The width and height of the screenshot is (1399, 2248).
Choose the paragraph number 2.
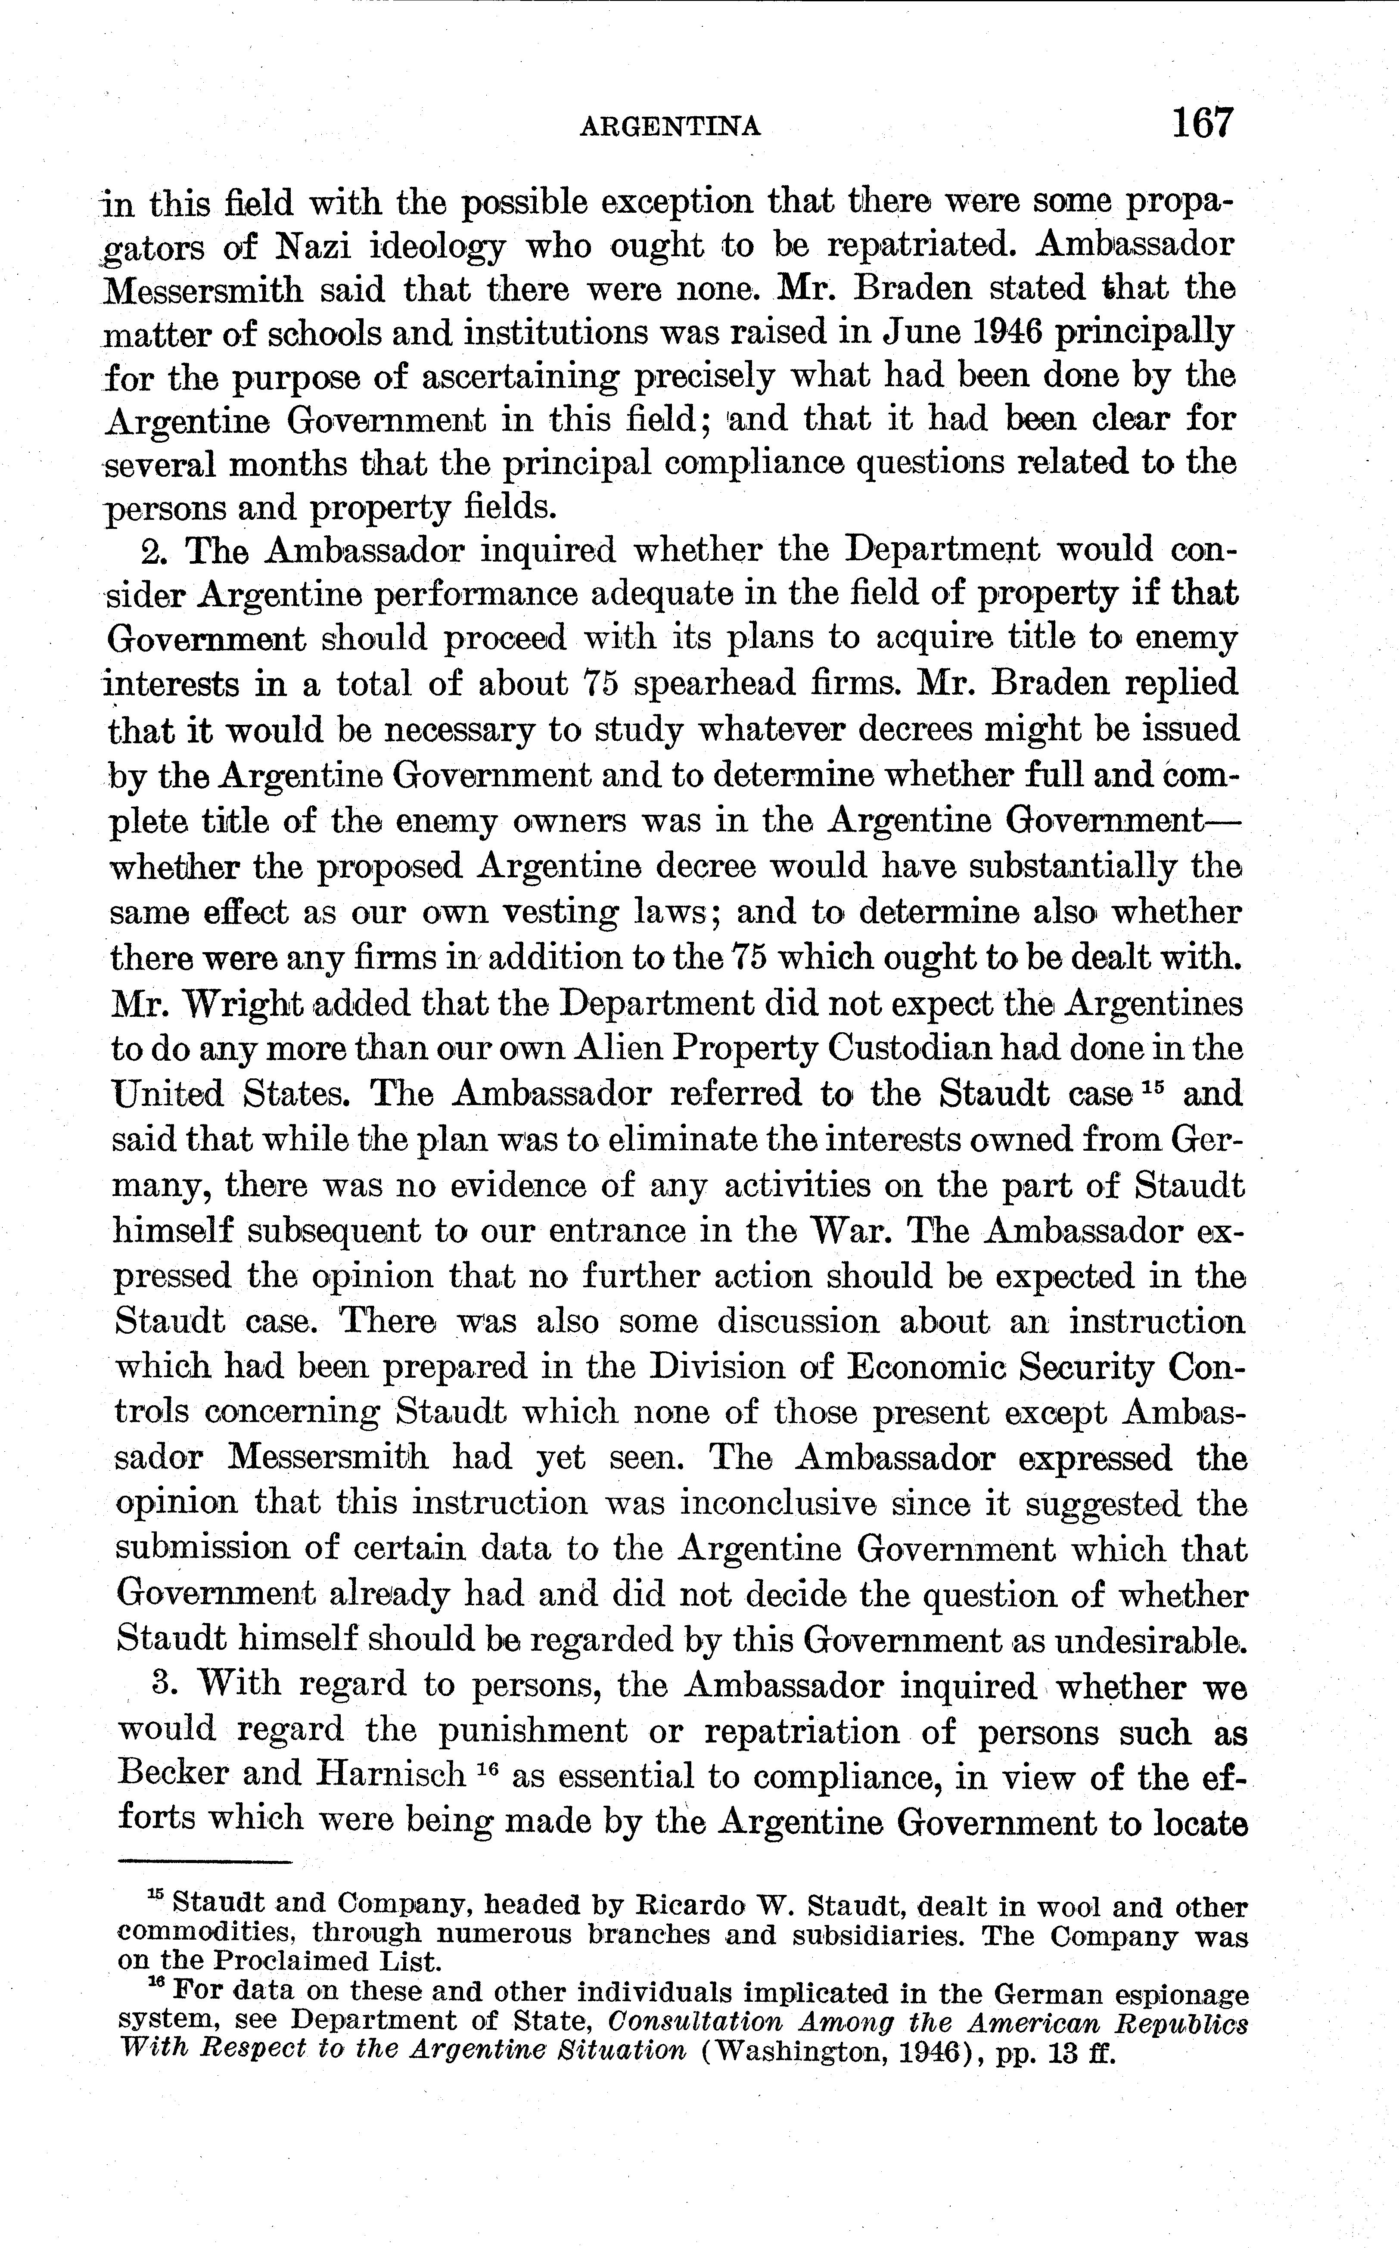[152, 551]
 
